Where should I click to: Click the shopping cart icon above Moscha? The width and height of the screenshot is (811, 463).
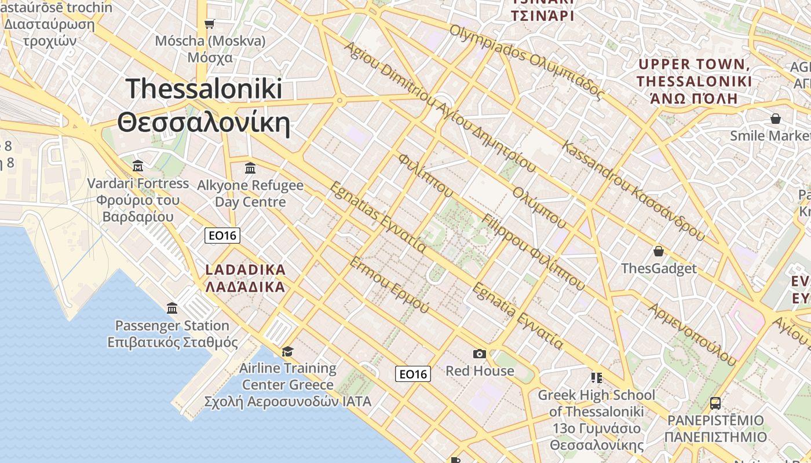click(x=209, y=24)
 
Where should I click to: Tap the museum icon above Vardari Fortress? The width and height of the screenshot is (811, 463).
click(x=138, y=167)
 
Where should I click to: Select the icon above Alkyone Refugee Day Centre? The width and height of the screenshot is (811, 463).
click(x=250, y=168)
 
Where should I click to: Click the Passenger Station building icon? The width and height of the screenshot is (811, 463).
click(x=172, y=308)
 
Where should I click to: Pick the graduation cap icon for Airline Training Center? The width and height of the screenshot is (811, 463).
click(x=287, y=351)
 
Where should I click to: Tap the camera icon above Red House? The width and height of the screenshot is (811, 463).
click(x=479, y=354)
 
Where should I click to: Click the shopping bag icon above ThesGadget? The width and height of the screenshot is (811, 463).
click(x=659, y=251)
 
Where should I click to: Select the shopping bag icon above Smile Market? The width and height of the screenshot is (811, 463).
click(x=775, y=119)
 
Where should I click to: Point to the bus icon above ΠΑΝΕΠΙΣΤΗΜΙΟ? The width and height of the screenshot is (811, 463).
click(x=715, y=403)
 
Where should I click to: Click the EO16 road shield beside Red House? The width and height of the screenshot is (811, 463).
click(x=414, y=374)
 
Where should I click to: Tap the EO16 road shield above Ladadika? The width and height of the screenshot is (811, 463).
click(x=222, y=236)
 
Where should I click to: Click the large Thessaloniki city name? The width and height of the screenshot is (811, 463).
click(x=203, y=105)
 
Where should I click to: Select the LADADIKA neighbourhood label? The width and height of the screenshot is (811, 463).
click(x=246, y=278)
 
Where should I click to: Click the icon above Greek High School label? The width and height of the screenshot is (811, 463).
click(x=597, y=378)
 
